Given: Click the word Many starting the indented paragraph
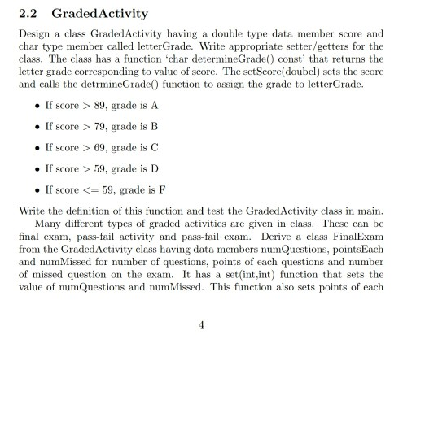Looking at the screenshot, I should click(47, 223).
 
